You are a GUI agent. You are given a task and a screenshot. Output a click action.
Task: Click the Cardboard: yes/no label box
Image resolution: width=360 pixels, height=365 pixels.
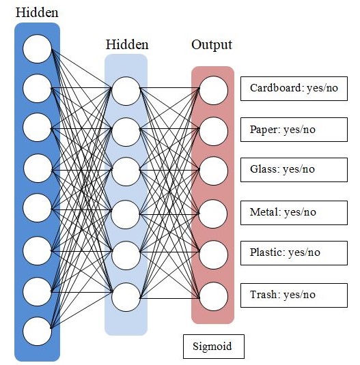pos(294,89)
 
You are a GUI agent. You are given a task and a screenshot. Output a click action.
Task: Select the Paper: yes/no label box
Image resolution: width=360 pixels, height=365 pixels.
pos(294,130)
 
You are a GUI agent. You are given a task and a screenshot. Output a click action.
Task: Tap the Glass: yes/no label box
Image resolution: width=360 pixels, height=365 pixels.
pos(294,170)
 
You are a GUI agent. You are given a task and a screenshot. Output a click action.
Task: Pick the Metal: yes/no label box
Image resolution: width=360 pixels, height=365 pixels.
pos(294,213)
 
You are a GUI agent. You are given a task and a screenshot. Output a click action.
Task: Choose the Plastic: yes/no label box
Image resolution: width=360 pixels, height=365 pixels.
pos(294,253)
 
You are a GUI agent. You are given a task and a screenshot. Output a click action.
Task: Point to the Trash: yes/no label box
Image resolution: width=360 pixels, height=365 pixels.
pos(294,295)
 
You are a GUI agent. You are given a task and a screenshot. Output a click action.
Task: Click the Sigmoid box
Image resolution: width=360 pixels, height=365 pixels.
pos(214,347)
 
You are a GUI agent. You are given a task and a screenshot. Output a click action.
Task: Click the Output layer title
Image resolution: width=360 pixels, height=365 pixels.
pos(212,45)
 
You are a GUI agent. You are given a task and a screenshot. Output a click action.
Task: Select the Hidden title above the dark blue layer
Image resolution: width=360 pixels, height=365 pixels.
pos(37,12)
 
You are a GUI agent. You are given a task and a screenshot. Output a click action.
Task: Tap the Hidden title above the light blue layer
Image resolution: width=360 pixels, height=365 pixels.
pos(127,44)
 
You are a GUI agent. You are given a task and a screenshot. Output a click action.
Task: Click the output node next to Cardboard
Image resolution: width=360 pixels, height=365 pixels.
pos(213,91)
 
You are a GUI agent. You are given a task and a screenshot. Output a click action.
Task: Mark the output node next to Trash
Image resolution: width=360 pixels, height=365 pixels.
pos(213,297)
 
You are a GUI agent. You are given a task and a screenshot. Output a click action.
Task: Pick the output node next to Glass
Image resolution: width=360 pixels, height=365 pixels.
pos(213,171)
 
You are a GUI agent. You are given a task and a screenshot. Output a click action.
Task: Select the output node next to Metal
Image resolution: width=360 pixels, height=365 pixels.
pos(213,214)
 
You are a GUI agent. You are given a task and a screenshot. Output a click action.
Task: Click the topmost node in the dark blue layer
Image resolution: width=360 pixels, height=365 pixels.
pos(37,49)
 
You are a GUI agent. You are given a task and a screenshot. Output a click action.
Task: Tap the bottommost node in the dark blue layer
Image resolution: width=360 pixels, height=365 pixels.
pos(37,332)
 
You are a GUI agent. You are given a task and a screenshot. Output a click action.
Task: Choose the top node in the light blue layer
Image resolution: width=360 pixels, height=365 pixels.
pos(126,91)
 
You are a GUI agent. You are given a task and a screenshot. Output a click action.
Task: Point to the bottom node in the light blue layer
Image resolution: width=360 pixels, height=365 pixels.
pos(126,297)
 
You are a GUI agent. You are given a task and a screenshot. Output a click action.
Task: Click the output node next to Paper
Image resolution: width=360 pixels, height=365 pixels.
pos(213,131)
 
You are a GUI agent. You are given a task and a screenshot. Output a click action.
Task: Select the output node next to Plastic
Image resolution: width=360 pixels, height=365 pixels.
pos(213,254)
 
